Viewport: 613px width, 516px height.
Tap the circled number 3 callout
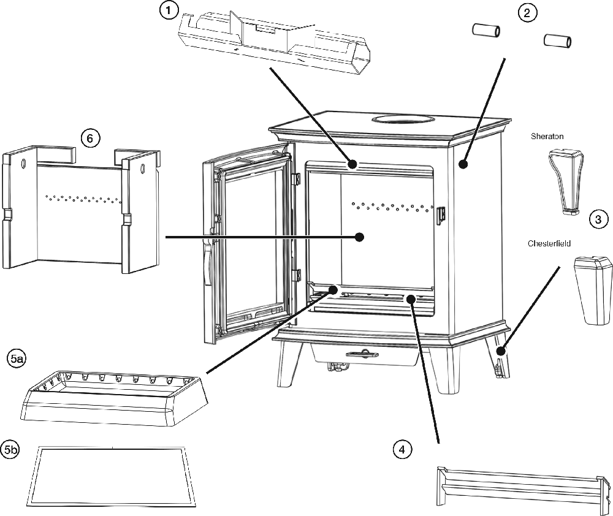click(x=598, y=219)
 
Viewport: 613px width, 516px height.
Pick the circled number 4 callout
click(x=402, y=450)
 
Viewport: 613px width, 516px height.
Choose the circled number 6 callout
click(x=90, y=138)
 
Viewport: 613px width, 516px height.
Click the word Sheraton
click(x=547, y=137)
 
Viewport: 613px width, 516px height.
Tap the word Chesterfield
click(x=549, y=243)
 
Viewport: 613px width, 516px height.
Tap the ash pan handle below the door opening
click(x=361, y=354)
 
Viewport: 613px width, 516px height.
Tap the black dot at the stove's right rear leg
click(x=501, y=351)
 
